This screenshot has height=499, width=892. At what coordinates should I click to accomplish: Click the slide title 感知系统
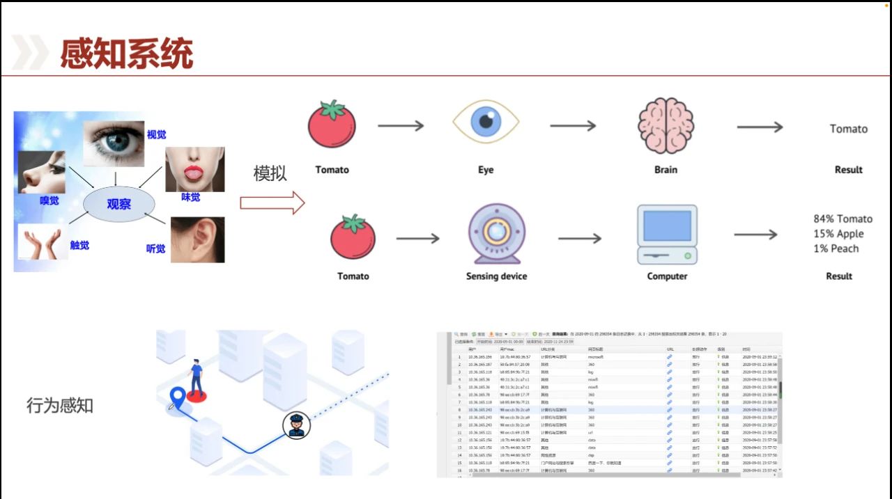126,54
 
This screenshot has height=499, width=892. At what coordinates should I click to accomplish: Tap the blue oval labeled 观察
118,204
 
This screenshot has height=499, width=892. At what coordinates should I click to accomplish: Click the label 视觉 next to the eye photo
156,134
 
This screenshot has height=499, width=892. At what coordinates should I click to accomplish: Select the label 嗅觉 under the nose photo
49,200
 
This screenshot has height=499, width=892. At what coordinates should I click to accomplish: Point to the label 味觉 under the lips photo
190,197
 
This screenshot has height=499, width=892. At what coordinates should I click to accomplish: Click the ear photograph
197,239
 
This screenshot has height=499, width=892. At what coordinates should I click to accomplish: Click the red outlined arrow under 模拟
272,203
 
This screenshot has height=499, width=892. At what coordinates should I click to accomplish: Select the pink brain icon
666,125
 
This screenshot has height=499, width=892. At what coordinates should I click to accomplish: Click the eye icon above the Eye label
485,122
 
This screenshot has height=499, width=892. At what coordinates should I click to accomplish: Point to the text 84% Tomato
843,219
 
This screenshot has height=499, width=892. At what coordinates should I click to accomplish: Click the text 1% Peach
836,248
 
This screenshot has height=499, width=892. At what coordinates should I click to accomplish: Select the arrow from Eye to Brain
573,126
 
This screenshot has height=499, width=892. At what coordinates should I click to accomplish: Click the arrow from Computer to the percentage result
755,235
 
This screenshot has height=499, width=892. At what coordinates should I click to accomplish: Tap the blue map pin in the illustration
178,398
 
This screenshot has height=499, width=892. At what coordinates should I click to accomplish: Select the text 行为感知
60,405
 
